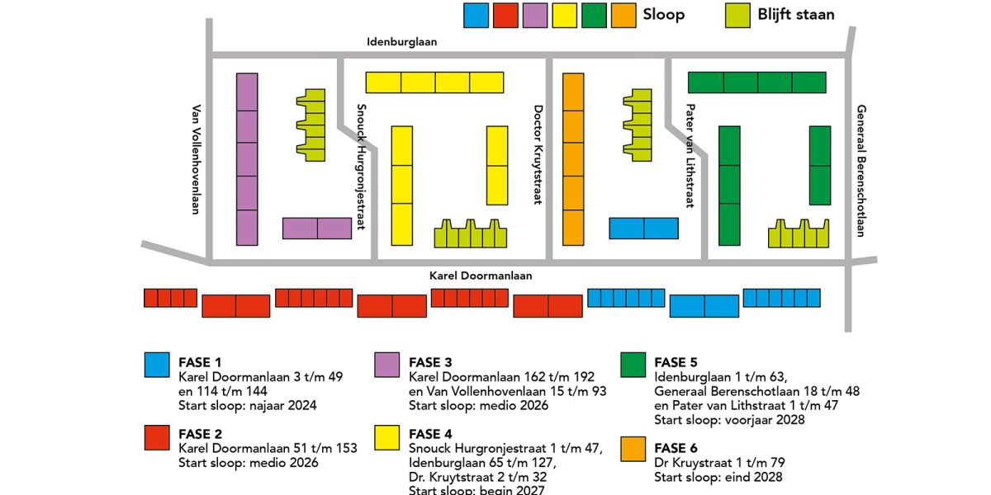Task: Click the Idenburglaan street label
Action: tap(402, 41)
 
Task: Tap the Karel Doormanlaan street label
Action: tap(481, 276)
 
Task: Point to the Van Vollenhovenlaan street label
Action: tap(197, 159)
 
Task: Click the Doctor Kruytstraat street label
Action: tap(538, 155)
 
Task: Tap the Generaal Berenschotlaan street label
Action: tap(860, 171)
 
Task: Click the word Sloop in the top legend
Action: tap(663, 15)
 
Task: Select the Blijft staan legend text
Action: tap(795, 15)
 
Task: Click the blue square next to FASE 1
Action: tap(157, 365)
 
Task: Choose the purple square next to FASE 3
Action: tap(387, 365)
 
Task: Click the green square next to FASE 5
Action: tap(633, 365)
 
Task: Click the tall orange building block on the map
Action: tap(573, 159)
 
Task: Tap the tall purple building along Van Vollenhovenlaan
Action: tap(247, 159)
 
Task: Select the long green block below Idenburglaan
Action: tap(756, 82)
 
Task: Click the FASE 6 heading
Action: tap(676, 448)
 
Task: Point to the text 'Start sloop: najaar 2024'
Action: tap(248, 405)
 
